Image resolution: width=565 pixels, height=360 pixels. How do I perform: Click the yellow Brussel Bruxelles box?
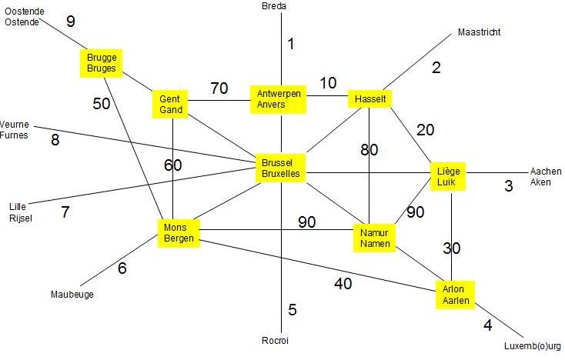click(x=280, y=168)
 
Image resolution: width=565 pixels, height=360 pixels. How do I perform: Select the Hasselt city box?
click(x=369, y=99)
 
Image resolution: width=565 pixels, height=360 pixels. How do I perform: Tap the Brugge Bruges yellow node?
click(x=102, y=63)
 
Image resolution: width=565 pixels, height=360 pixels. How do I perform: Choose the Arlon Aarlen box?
click(x=455, y=295)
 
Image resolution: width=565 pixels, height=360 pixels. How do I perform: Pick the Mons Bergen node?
click(x=179, y=233)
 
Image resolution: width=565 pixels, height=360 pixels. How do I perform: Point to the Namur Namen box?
click(x=374, y=238)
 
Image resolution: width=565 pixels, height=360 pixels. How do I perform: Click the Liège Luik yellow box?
click(x=448, y=176)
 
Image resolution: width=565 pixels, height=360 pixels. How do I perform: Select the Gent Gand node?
click(x=170, y=104)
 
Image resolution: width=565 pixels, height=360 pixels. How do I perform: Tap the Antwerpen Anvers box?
click(x=278, y=99)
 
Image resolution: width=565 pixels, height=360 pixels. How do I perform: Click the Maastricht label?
click(x=479, y=32)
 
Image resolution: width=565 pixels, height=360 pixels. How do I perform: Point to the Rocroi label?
click(x=275, y=340)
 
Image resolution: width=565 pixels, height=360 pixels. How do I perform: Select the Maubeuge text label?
click(x=72, y=295)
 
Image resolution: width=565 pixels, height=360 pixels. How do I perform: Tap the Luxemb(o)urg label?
click(x=532, y=346)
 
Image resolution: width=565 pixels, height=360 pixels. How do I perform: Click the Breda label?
click(x=274, y=5)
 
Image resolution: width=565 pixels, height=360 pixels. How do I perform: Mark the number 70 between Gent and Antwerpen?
click(x=219, y=88)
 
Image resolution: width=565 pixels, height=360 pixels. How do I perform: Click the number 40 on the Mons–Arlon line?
click(x=343, y=284)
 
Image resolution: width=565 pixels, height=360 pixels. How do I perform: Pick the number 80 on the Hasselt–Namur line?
click(x=369, y=149)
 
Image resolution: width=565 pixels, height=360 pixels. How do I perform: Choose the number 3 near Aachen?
click(x=509, y=185)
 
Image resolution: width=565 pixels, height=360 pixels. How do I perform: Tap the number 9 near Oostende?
click(x=71, y=21)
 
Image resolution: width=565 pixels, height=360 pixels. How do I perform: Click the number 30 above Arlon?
click(x=452, y=248)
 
